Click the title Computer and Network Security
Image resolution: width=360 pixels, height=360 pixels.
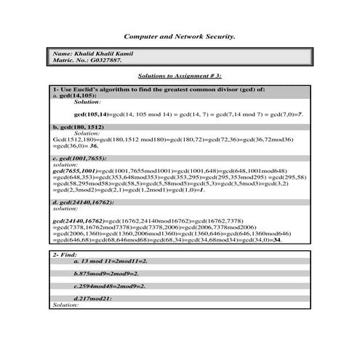pos(180,35)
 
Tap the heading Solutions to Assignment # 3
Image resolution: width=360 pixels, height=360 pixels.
pos(180,76)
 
